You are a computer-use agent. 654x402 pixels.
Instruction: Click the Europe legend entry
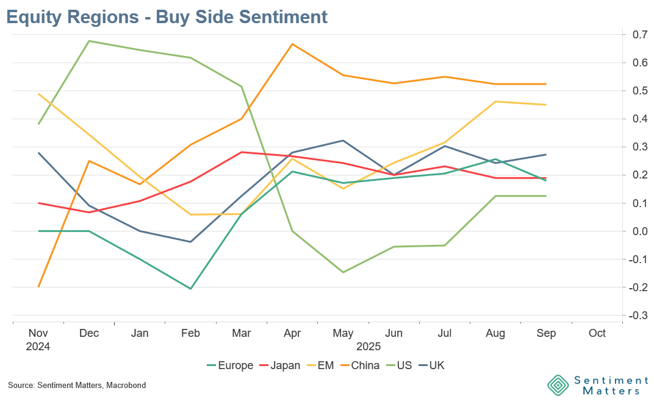[x=230, y=365]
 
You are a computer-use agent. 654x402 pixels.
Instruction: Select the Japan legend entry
[x=279, y=365]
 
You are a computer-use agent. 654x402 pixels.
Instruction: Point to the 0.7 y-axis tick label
[x=639, y=35]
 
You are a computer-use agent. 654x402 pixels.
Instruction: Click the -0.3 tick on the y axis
[x=638, y=315]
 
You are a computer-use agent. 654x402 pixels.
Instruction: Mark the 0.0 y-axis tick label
[x=639, y=231]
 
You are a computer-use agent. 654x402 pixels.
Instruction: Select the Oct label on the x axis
[x=597, y=334]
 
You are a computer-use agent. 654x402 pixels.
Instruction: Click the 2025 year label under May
[x=368, y=347]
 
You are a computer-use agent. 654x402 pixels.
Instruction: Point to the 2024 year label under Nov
[x=38, y=347]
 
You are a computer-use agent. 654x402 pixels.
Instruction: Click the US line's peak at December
[x=89, y=41]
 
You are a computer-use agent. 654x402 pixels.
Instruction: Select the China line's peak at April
[x=292, y=44]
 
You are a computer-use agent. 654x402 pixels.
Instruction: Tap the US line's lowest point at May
[x=343, y=272]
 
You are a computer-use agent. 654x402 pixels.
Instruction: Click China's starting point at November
[x=38, y=287]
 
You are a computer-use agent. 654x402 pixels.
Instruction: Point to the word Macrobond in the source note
[x=124, y=386]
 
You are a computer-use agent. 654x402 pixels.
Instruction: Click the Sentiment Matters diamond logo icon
[x=558, y=385]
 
